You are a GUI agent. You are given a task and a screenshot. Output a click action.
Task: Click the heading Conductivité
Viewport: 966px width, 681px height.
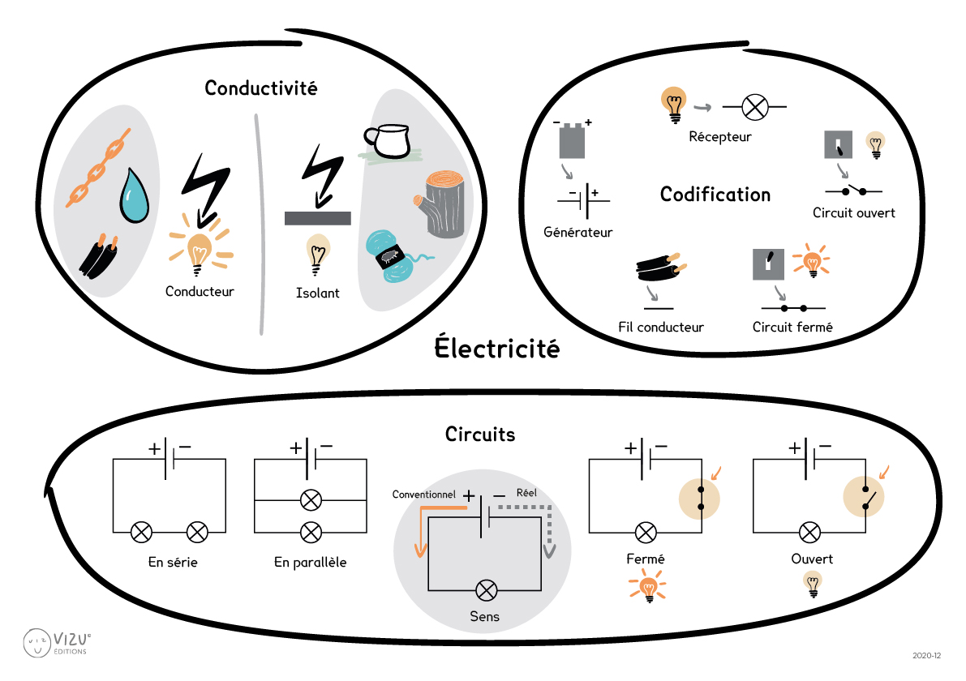[x=260, y=88]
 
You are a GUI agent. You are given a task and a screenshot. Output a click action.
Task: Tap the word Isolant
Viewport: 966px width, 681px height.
[x=318, y=293]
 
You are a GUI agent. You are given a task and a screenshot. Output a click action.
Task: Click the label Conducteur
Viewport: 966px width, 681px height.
[x=199, y=290]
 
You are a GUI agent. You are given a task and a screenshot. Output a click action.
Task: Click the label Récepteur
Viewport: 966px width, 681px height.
[x=719, y=137]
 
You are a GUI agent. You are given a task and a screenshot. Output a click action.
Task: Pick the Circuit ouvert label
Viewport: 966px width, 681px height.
[x=853, y=213]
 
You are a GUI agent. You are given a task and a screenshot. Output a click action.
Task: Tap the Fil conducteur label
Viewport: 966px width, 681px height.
[x=660, y=328]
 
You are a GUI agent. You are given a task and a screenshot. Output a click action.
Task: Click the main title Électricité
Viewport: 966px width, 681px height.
[x=497, y=349]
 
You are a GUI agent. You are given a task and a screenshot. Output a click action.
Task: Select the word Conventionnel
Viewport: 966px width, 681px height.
[x=424, y=494]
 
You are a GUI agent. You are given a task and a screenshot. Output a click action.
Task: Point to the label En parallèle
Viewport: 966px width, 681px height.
[x=310, y=562]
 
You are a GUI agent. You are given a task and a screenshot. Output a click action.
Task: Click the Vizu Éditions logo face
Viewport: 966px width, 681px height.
[x=37, y=643]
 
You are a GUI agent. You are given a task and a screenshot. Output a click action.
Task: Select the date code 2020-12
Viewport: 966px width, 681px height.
[x=925, y=655]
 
